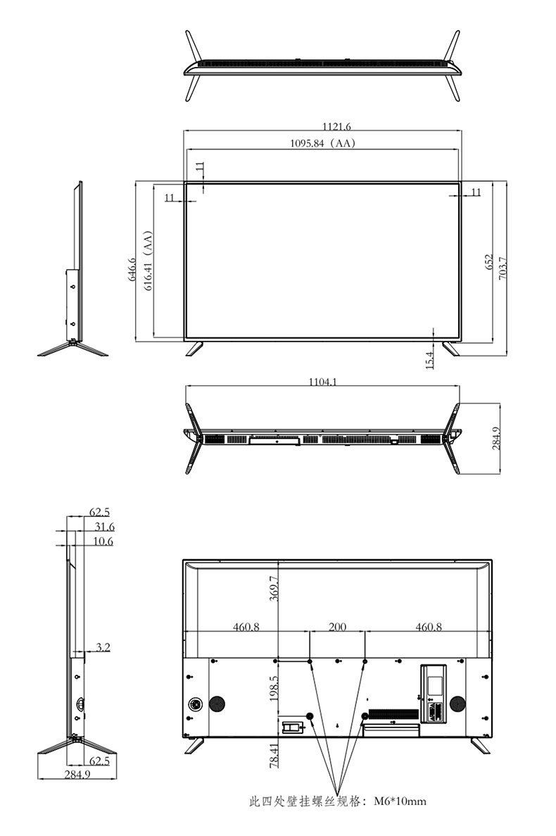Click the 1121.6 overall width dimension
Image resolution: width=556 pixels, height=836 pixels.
[336, 126]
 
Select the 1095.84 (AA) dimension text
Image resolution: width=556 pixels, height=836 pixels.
[322, 143]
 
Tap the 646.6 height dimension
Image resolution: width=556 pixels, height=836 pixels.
[132, 269]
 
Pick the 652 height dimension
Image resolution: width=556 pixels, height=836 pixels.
[489, 262]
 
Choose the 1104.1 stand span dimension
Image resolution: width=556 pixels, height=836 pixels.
[323, 381]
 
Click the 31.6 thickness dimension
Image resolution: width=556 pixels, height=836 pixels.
[104, 527]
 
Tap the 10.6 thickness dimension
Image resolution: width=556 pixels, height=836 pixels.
[103, 541]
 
